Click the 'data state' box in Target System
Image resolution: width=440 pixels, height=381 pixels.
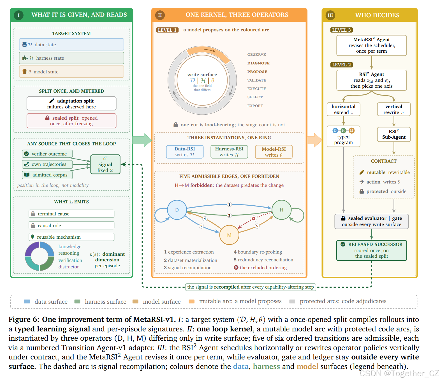pos(71,45)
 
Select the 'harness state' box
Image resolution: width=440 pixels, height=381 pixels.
pos(71,58)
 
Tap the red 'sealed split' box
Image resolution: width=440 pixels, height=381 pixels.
pos(71,121)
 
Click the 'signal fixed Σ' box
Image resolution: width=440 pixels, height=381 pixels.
pos(105,164)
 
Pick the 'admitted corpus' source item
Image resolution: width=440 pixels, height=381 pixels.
pos(47,175)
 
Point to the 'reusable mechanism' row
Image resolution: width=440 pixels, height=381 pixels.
pos(71,237)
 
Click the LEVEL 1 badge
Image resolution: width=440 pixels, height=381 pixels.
pos(167,30)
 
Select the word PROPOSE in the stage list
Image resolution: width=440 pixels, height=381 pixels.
pos(257,71)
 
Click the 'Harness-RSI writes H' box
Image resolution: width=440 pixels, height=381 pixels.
pos(229,152)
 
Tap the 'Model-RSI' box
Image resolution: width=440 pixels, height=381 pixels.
pos(274,152)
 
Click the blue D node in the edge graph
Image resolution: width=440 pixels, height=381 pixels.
pos(177,210)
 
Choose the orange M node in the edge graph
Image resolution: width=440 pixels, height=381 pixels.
pos(229,235)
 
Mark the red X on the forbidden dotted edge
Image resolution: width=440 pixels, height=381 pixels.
pos(254,219)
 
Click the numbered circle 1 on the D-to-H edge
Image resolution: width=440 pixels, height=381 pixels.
pos(229,204)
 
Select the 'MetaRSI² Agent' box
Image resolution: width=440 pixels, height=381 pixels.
pos(371,45)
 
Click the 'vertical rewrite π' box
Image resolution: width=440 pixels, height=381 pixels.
pos(393,110)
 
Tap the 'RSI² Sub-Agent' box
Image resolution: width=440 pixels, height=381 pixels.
pos(393,134)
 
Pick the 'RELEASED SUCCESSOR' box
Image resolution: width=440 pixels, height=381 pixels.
pos(371,250)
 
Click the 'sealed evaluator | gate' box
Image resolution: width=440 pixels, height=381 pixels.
pos(371,221)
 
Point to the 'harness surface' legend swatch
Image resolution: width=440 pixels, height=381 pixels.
pos(77,301)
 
